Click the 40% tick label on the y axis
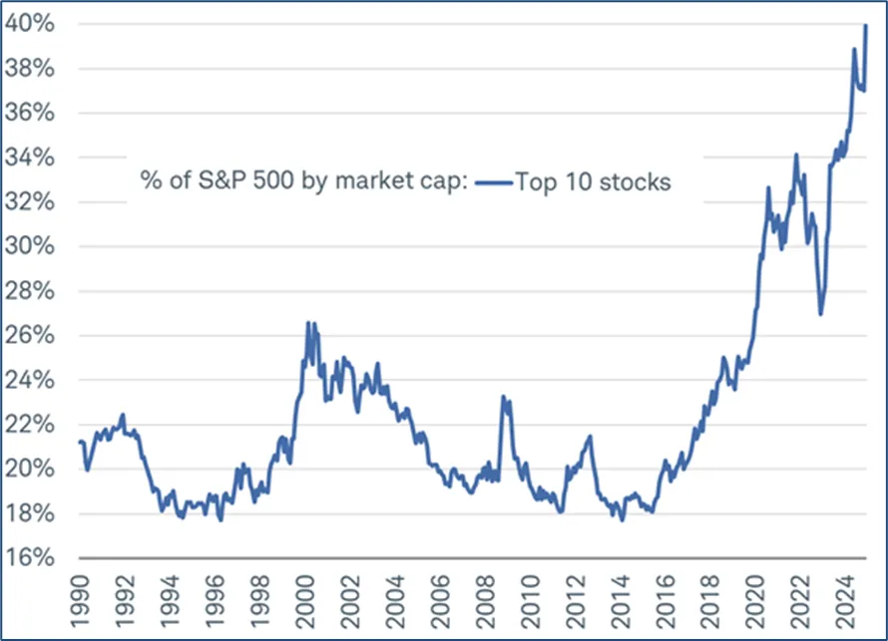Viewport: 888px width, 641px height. pyautogui.click(x=36, y=24)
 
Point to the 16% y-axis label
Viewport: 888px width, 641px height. pyautogui.click(x=36, y=557)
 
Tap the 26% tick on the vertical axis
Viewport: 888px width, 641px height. pyautogui.click(x=36, y=335)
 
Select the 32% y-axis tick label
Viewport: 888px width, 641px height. pyautogui.click(x=36, y=202)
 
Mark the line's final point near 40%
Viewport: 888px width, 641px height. pyautogui.click(x=865, y=25)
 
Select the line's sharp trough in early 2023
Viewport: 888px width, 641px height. pyautogui.click(x=820, y=315)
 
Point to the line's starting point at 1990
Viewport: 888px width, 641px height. pyautogui.click(x=79, y=441)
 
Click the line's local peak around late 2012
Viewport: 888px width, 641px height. pyautogui.click(x=590, y=436)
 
